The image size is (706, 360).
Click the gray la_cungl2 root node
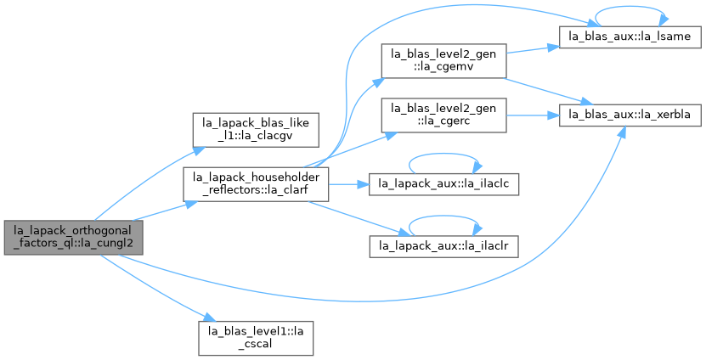(73, 238)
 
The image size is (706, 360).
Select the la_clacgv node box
(256, 130)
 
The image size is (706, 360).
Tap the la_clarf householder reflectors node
(256, 184)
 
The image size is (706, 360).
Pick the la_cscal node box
(256, 339)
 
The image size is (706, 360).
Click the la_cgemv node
(443, 61)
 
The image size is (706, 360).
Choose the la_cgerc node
(443, 115)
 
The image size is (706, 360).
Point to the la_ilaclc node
(443, 184)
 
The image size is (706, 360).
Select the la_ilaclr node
(443, 246)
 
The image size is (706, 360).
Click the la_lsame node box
(630, 37)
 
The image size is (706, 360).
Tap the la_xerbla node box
(630, 115)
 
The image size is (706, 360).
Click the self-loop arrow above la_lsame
(630, 7)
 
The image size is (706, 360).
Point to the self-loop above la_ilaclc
(443, 154)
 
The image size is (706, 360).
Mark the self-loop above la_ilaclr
(443, 216)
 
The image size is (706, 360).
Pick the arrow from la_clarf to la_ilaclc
(349, 184)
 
